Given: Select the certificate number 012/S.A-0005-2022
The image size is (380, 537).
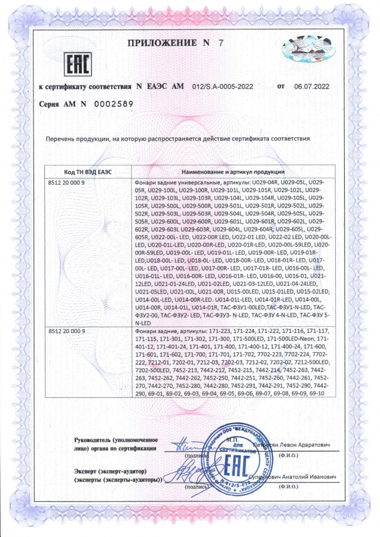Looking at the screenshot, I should (x=218, y=87).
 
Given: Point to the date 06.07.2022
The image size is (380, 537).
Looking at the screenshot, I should (x=311, y=87).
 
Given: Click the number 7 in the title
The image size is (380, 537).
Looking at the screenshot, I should (x=220, y=43).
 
